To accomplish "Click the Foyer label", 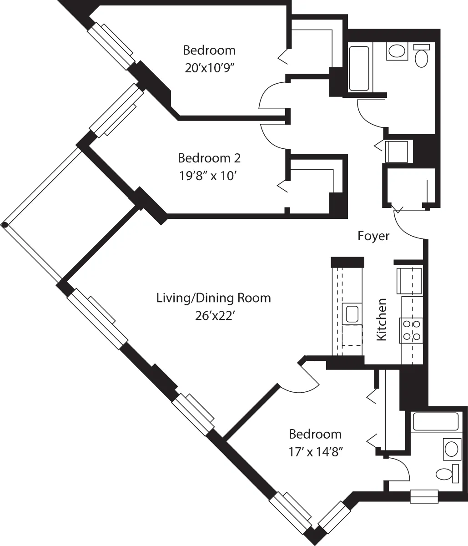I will pos(373,236).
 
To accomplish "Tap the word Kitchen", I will pos(382,319).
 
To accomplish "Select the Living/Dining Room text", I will pos(213,298).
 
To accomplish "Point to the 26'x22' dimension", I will pos(214,315).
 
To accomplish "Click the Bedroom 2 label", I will pos(209,158).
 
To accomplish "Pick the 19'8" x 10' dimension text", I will pos(209,176).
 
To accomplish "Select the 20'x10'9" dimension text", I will pos(209,67).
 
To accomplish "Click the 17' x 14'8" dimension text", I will pos(315,452).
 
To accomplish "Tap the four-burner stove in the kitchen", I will pos(411,331).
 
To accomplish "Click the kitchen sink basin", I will pos(352,314).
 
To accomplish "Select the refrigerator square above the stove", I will pos(409,281).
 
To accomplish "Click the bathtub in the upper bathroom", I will pos(359,68).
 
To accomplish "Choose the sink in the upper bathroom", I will pos(397,51).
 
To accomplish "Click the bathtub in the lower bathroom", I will pos(435,421).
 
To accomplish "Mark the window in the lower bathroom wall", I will pos(424,496).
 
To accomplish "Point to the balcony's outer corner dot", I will pos(4,225).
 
